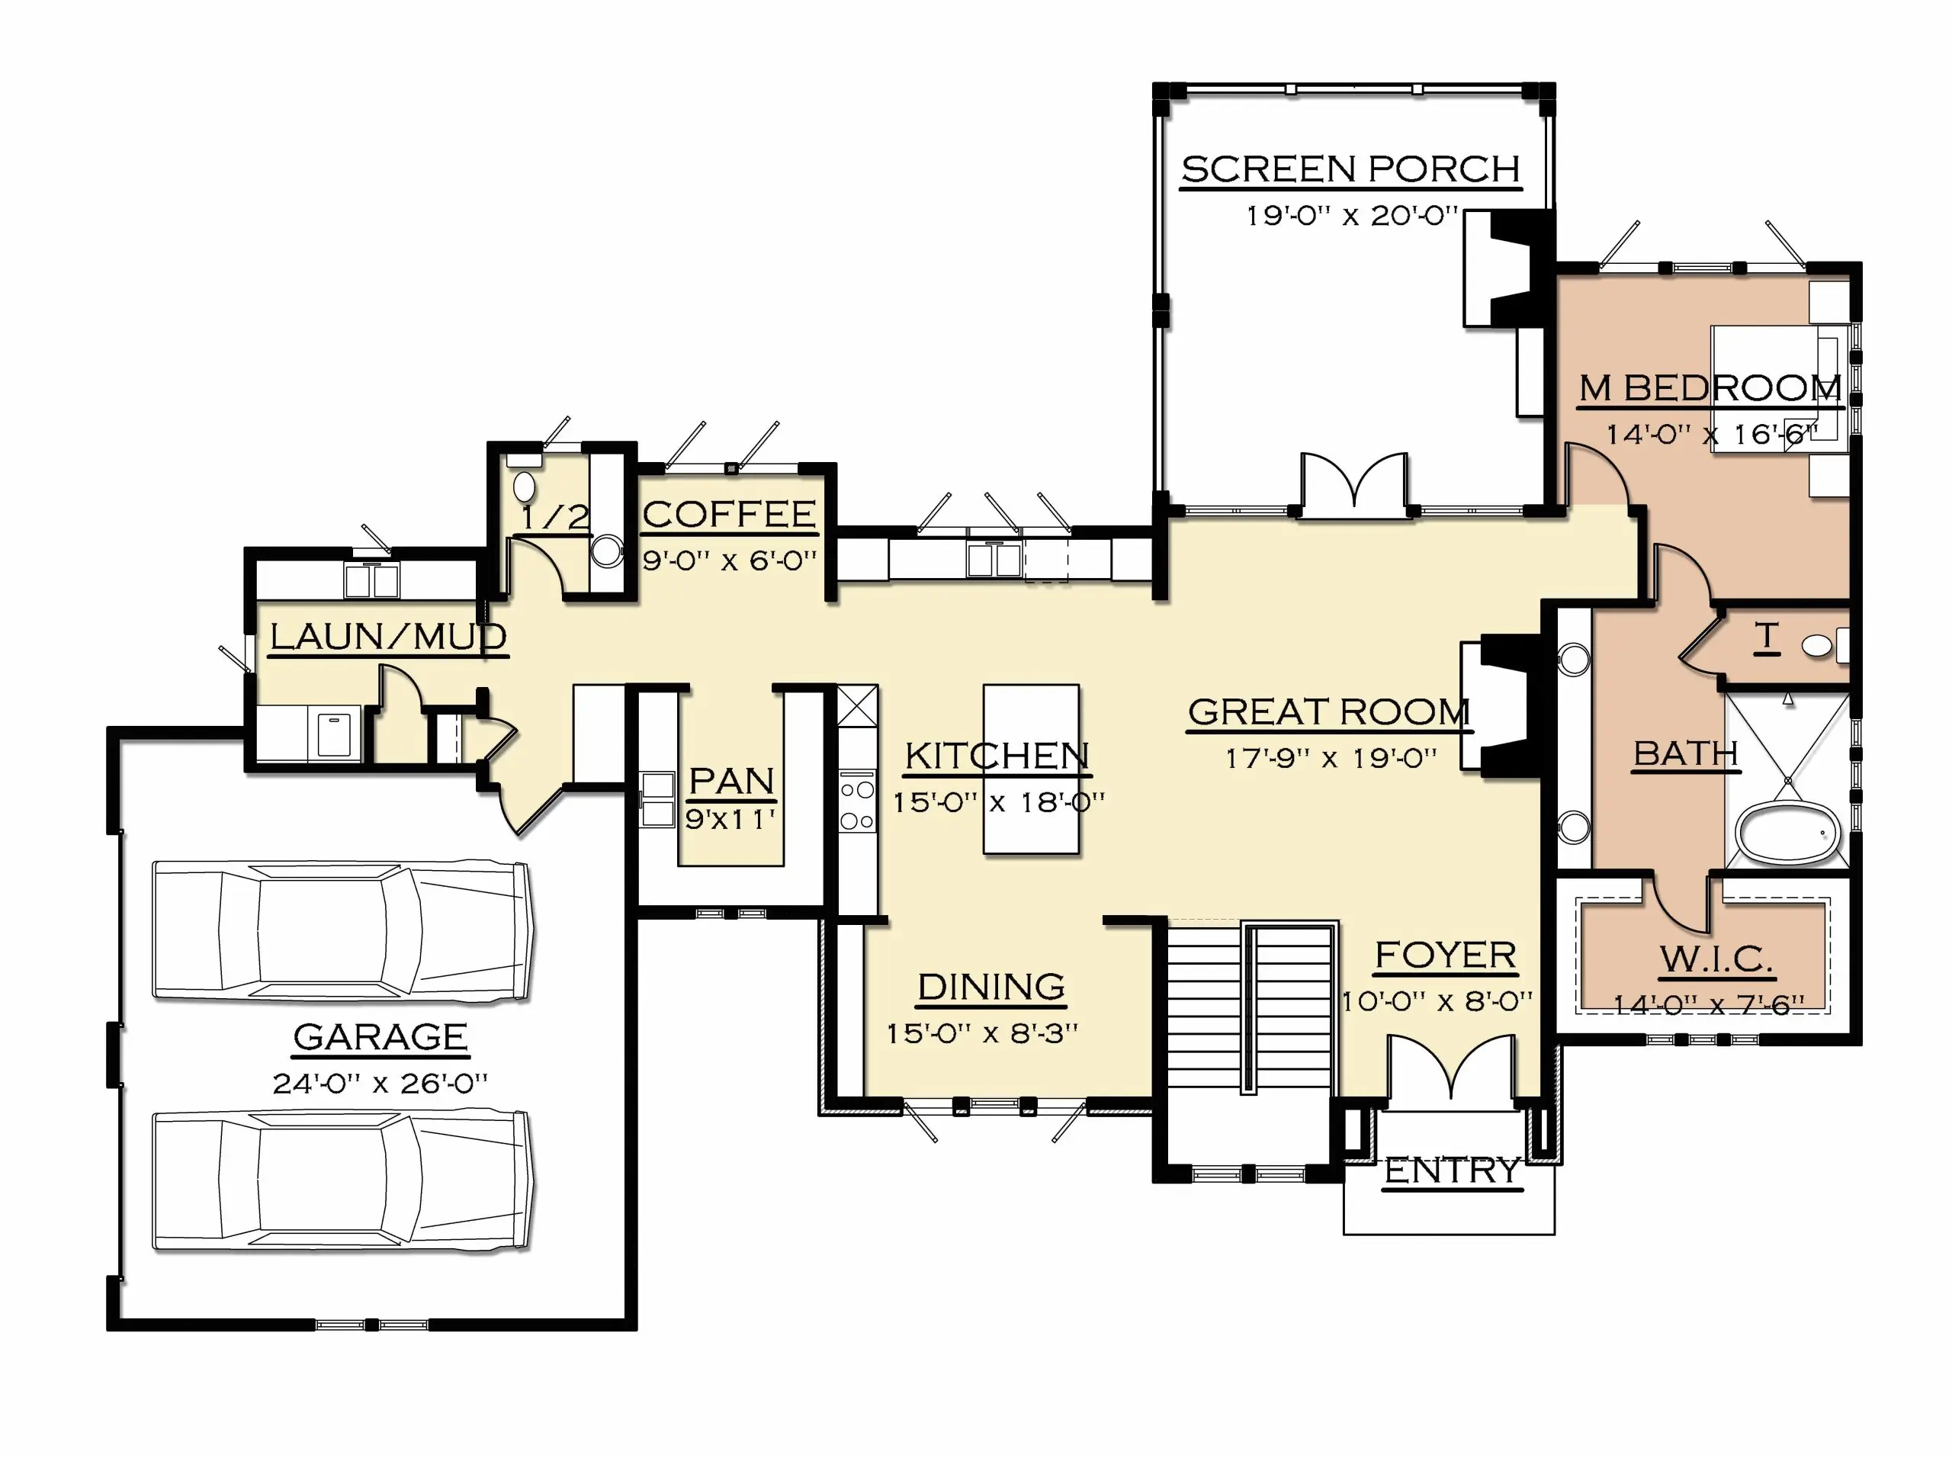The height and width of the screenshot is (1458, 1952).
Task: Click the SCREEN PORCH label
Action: coord(1351,169)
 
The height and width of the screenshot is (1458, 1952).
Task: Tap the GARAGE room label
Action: coord(380,1036)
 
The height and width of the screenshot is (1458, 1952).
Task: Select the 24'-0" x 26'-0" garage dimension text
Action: coord(380,1083)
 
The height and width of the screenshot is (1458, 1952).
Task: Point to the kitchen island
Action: coord(1031,769)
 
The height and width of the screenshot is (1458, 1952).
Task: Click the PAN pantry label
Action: coord(731,781)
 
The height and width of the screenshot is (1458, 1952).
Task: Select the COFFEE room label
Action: coord(729,515)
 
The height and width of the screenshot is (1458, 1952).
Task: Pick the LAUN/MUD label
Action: coord(388,636)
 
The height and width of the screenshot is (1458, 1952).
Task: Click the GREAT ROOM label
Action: coord(1329,712)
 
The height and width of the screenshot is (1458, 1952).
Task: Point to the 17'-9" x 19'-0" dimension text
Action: coord(1331,758)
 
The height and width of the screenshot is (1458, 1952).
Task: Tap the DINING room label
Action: coord(991,987)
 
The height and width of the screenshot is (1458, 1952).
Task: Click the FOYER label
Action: coord(1446,955)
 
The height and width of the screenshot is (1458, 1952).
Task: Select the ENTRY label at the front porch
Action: coord(1452,1171)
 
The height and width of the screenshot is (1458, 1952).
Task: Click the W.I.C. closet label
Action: coord(1716,959)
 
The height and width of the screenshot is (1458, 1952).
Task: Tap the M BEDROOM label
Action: coord(1710,387)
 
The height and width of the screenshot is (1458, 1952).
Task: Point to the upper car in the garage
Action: coord(342,931)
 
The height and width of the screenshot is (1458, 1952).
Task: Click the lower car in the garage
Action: coord(342,1181)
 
